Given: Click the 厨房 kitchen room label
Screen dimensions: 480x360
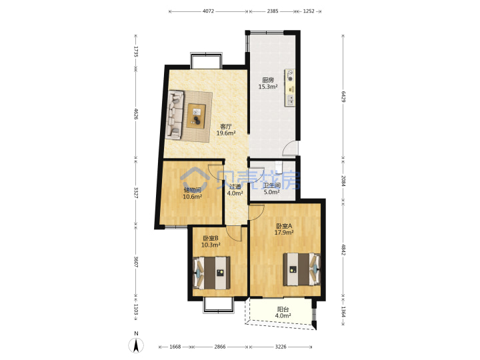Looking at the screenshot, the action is tap(268, 80).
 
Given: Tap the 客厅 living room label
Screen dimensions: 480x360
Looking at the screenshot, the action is tap(226, 127).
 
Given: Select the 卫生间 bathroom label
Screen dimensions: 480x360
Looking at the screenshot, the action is tap(272, 185).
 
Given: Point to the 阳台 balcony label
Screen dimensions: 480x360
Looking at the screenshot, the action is tap(283, 309).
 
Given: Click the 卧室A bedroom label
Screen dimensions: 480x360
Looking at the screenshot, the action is tap(284, 226).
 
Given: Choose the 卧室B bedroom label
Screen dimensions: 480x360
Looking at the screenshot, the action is tap(211, 238).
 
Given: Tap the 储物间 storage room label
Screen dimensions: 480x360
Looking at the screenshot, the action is tap(192, 190).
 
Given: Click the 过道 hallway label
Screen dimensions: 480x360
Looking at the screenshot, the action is tap(235, 187).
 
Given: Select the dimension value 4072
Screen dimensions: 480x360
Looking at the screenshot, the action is tap(208, 11).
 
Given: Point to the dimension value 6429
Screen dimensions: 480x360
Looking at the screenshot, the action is tap(343, 97).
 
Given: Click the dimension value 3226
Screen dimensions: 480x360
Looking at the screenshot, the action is tap(281, 347).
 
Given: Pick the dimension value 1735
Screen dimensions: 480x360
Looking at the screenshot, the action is tap(136, 51).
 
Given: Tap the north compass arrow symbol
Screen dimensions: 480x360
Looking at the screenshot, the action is tap(136, 345).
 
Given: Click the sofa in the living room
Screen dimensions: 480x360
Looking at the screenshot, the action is tap(175, 115).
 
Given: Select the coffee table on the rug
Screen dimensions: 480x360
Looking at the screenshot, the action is tap(196, 115).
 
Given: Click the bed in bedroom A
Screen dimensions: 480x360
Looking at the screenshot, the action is tap(302, 269).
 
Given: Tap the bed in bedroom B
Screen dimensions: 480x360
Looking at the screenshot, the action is tap(212, 273).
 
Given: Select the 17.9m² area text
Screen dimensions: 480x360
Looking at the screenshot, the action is tap(284, 233).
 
